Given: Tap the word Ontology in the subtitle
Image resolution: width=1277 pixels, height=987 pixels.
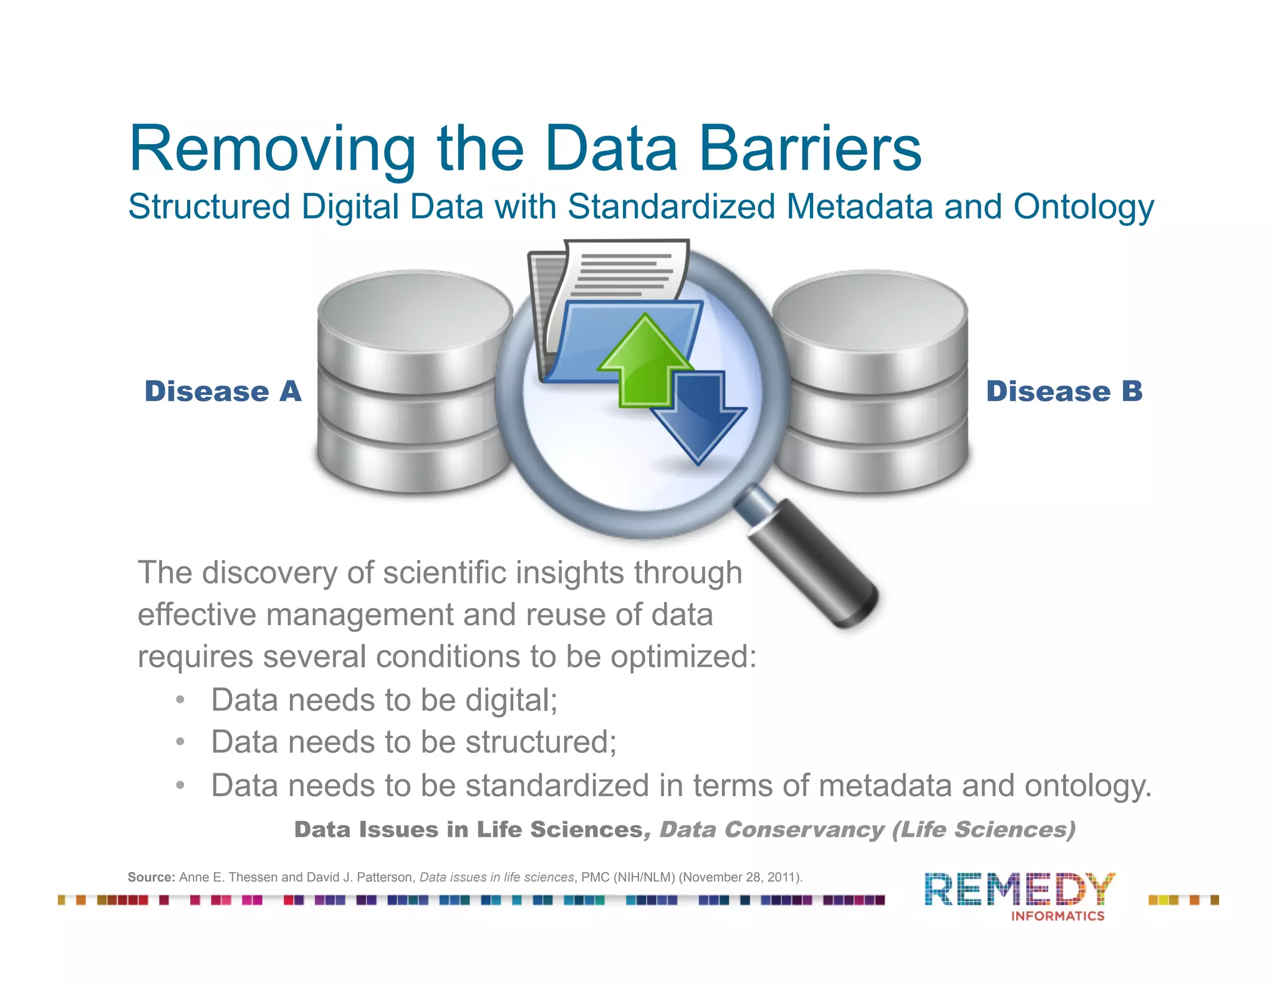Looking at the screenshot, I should [x=1083, y=207].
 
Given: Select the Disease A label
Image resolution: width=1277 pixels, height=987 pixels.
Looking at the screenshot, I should [x=223, y=391].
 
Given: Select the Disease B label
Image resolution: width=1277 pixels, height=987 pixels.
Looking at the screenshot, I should [x=1064, y=391].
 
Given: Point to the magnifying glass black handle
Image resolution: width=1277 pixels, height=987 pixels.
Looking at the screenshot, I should [x=817, y=574].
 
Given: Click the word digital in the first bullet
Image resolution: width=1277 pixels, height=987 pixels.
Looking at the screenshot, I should [x=511, y=700].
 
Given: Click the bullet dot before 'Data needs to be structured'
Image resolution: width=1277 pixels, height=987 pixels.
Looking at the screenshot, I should [x=180, y=742].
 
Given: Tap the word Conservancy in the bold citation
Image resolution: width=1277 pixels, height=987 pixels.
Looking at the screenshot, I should [x=804, y=830].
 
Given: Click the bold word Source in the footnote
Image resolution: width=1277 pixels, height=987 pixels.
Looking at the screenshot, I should [x=151, y=877].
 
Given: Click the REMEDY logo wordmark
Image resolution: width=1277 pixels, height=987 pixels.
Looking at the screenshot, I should [x=1019, y=890].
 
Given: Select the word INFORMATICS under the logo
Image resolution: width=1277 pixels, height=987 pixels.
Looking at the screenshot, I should [x=1058, y=916].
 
